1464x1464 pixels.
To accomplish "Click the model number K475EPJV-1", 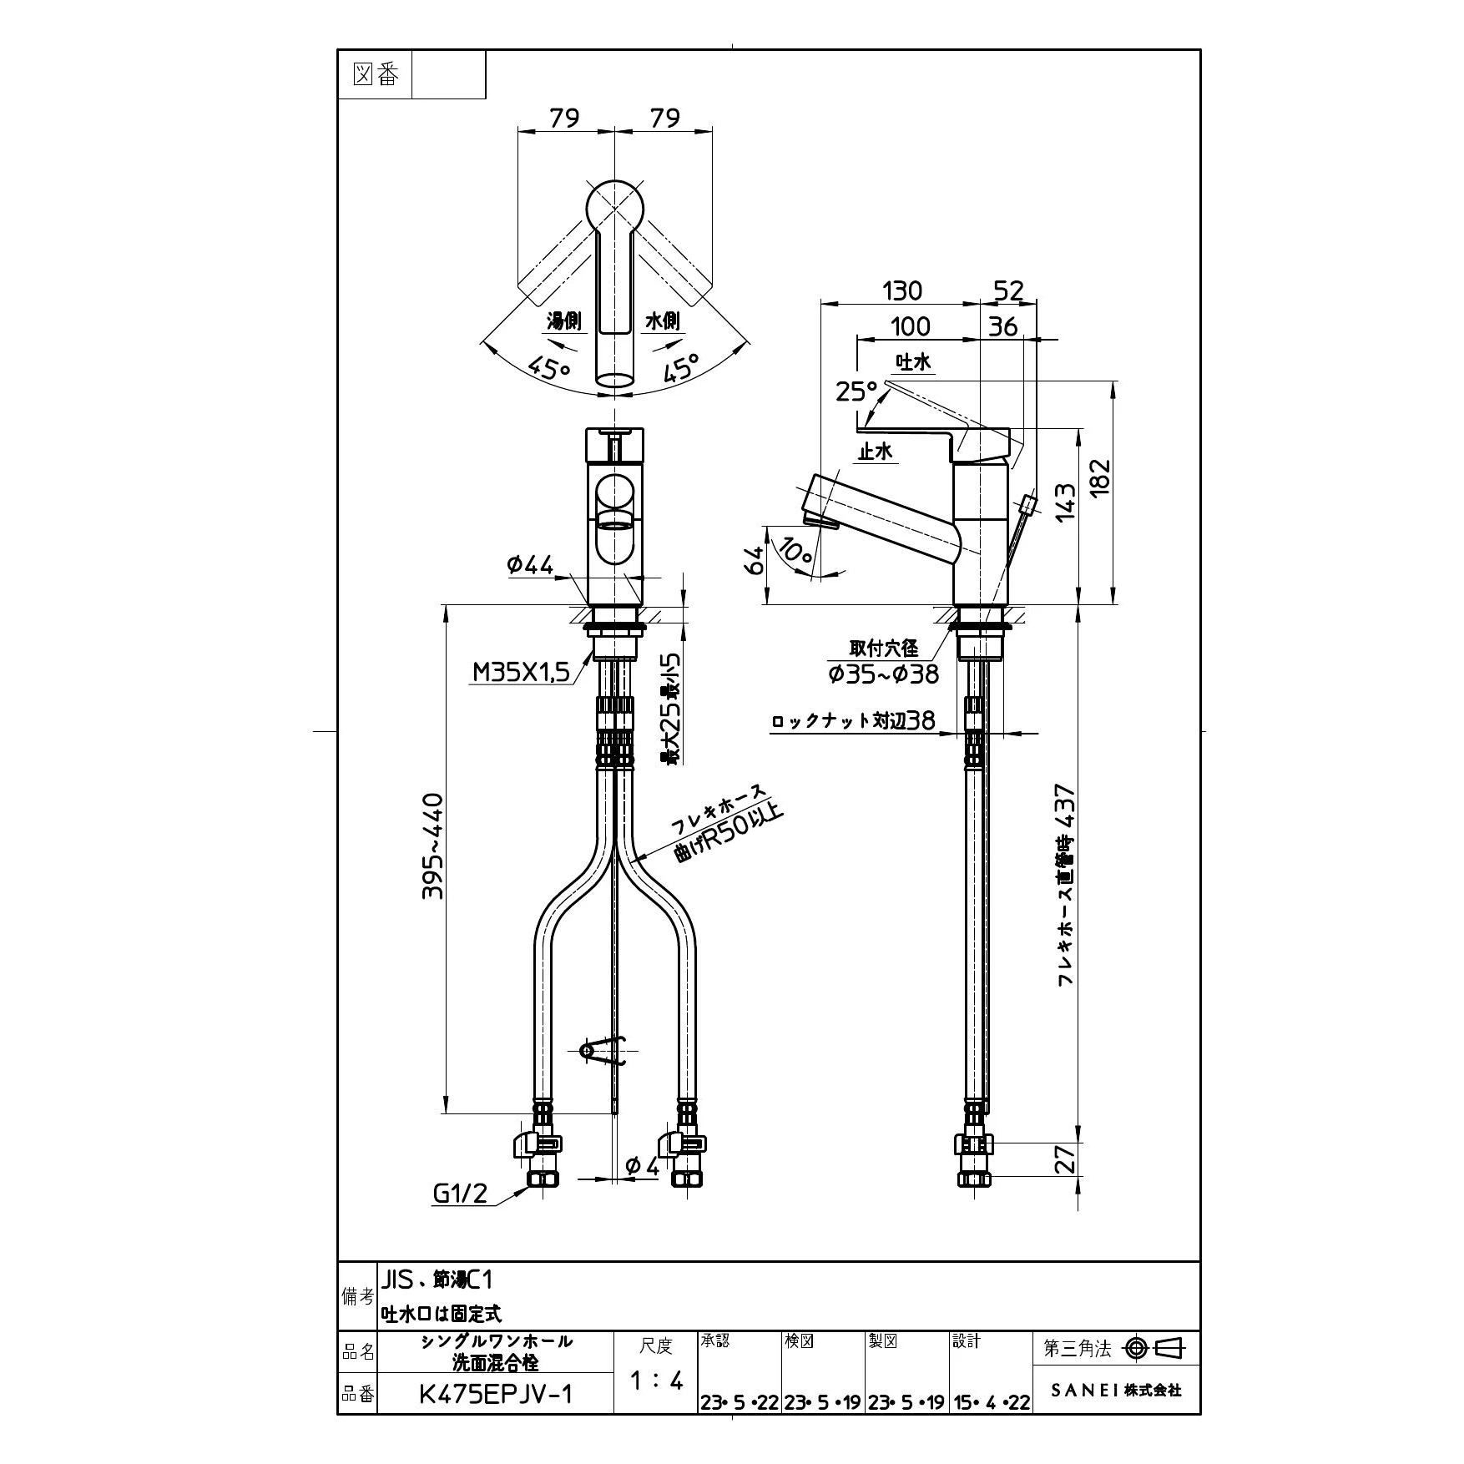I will tap(496, 1395).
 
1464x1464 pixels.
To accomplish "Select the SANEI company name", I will tap(1116, 1391).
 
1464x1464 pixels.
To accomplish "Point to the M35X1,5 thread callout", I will tap(520, 672).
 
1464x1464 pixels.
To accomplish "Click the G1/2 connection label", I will tap(460, 1194).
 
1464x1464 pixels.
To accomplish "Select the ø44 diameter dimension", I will tap(530, 565).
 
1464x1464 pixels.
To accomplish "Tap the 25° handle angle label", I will tap(856, 391).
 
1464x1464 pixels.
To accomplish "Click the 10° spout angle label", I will tap(797, 549).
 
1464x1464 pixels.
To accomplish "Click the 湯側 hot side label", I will tap(563, 321).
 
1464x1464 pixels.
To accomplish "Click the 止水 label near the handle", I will tap(875, 452).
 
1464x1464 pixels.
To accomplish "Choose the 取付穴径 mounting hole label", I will tap(884, 649).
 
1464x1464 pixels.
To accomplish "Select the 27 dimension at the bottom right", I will tap(1065, 1159).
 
